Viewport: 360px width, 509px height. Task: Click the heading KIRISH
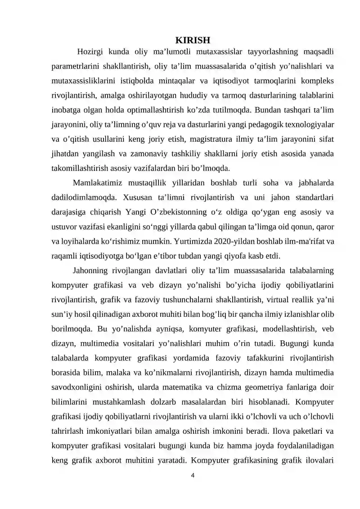(193, 40)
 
